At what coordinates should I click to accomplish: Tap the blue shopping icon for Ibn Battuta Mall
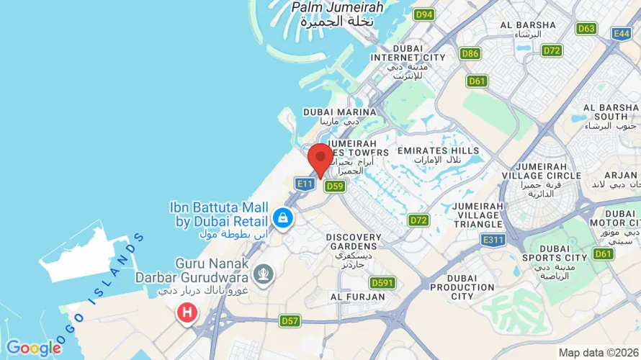tap(282, 217)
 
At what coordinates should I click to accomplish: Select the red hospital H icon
tap(187, 312)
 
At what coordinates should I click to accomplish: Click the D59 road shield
tap(334, 186)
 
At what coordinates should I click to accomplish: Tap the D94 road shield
tap(424, 14)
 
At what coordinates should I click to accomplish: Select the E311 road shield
tap(493, 240)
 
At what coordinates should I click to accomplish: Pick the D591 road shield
tap(382, 283)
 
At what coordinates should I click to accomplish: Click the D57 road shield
tap(290, 320)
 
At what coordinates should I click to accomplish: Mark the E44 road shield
tap(622, 33)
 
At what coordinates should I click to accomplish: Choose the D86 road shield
tap(470, 53)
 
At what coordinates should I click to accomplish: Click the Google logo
tap(33, 348)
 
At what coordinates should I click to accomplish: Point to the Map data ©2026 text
tap(598, 353)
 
